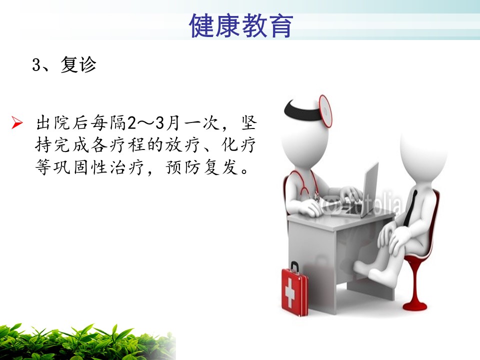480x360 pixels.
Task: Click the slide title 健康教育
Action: tap(241, 25)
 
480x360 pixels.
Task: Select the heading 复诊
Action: tap(78, 64)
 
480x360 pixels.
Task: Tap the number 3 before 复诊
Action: tap(36, 65)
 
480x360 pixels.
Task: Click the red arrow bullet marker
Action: tap(17, 123)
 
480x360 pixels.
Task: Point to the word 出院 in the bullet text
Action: tap(54, 123)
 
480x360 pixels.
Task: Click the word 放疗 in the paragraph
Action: tap(182, 145)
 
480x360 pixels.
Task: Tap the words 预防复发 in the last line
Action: tap(201, 167)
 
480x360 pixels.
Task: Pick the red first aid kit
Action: tap(294, 289)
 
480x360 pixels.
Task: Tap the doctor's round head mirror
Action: tap(325, 111)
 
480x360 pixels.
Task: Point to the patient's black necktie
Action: tap(410, 208)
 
